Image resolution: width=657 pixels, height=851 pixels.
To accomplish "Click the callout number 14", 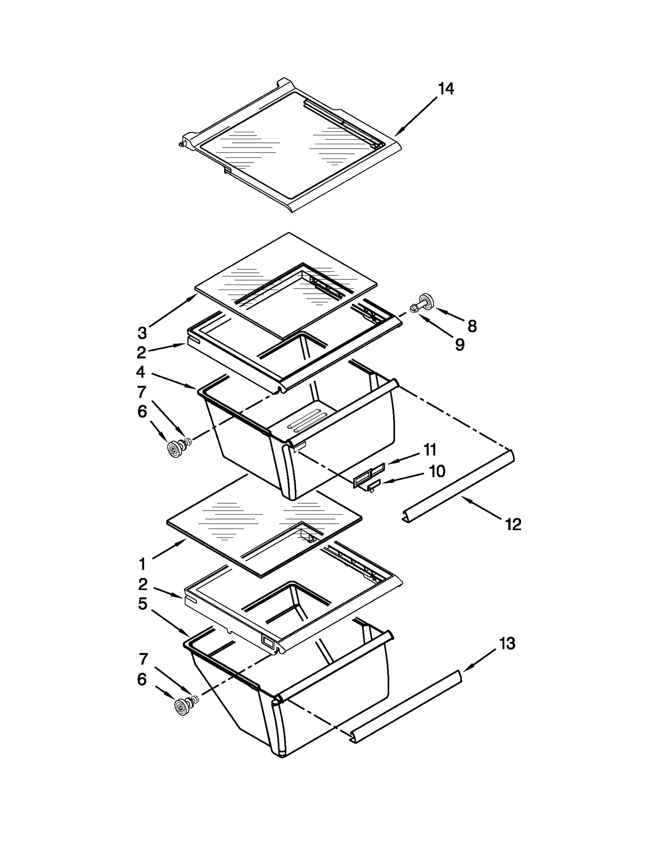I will click(446, 89).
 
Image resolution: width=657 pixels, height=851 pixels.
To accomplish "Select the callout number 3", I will click(142, 333).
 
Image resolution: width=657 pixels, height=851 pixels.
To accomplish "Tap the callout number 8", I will click(472, 326).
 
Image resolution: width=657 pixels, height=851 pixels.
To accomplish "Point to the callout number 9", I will click(459, 344).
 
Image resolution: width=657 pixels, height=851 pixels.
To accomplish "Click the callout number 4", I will click(140, 372).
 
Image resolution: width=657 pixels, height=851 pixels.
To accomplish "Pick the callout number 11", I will click(430, 450).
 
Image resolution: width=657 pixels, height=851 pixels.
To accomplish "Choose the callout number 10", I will click(437, 471).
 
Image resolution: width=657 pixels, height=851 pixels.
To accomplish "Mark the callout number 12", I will click(513, 524).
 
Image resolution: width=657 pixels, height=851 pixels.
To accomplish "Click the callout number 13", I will click(507, 644).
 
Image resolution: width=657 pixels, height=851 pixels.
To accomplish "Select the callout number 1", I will click(142, 564).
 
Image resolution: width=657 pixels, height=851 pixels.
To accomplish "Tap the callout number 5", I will click(142, 603).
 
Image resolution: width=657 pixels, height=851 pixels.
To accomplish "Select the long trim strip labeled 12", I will click(458, 487).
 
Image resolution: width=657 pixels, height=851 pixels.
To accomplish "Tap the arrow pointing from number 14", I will click(416, 116).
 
